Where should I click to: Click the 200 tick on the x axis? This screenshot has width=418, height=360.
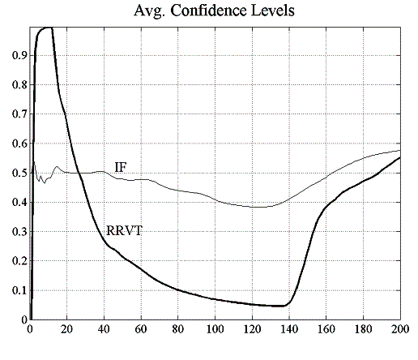click(x=399, y=330)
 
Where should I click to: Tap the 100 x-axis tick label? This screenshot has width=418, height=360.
click(x=215, y=330)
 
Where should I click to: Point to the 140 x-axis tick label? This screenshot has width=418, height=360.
click(x=289, y=330)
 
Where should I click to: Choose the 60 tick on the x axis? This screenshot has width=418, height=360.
click(x=141, y=330)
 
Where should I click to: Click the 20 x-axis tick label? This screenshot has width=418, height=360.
click(x=67, y=330)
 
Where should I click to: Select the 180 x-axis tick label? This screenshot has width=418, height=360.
click(x=363, y=330)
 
